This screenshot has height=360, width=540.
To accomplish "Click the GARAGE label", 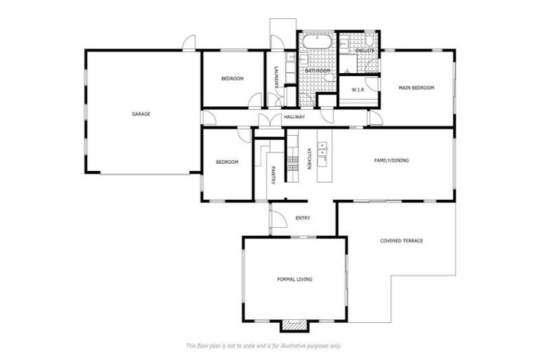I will click(x=141, y=113).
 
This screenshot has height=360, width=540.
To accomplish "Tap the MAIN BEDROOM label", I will click(x=416, y=88).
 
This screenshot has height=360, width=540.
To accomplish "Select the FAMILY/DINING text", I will click(x=391, y=160).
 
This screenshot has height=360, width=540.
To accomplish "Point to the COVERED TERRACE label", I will click(x=401, y=240).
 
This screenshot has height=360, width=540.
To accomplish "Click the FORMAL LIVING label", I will click(x=295, y=279).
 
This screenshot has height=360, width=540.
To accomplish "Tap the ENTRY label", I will click(x=302, y=218).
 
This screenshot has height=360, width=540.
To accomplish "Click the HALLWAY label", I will click(x=294, y=117).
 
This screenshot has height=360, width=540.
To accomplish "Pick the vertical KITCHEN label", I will click(x=309, y=159).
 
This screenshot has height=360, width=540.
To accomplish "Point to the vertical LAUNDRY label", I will click(x=277, y=77).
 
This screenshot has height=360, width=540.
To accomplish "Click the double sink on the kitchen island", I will click(x=323, y=149).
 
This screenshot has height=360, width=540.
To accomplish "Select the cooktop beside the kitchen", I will click(x=292, y=162).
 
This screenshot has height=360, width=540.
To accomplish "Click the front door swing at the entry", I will click(x=277, y=219).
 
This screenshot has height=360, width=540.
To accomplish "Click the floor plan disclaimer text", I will click(x=264, y=345).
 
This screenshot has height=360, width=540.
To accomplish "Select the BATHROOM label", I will click(x=317, y=71).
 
